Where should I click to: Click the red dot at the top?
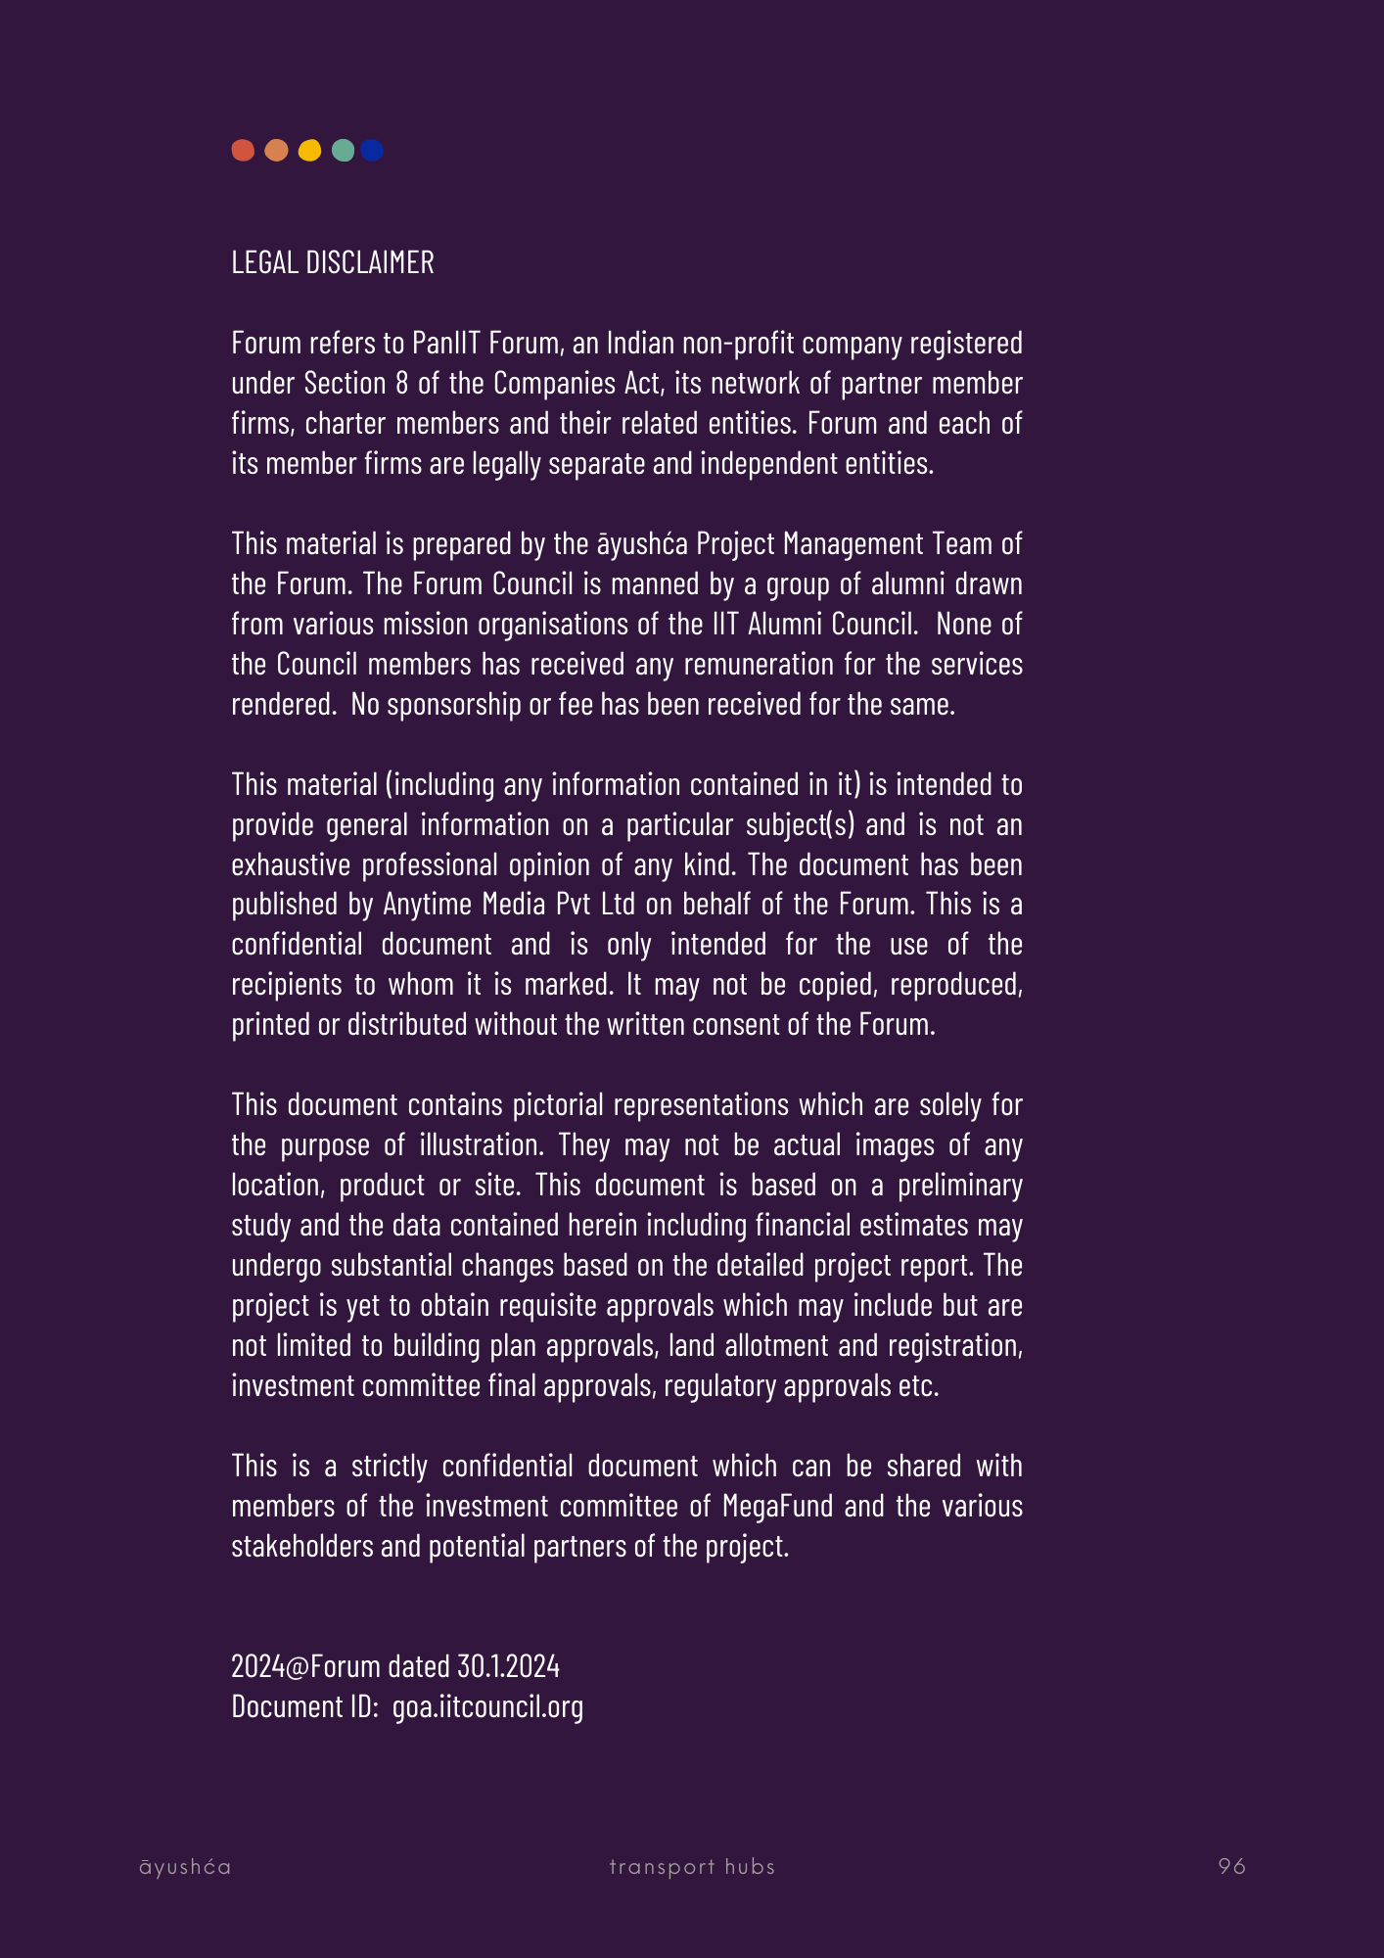[x=243, y=150]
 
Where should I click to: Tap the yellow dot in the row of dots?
[x=309, y=150]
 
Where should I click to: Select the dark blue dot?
[x=372, y=150]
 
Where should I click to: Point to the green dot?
[x=343, y=150]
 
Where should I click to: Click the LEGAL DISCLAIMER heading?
[x=333, y=262]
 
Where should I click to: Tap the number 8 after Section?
[x=401, y=383]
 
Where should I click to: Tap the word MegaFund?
[x=777, y=1506]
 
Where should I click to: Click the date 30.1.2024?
[x=508, y=1665]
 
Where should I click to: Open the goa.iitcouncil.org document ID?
[x=487, y=1706]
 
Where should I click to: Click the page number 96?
[x=1231, y=1866]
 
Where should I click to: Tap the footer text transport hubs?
[x=692, y=1866]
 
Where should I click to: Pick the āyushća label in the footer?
[x=185, y=1866]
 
